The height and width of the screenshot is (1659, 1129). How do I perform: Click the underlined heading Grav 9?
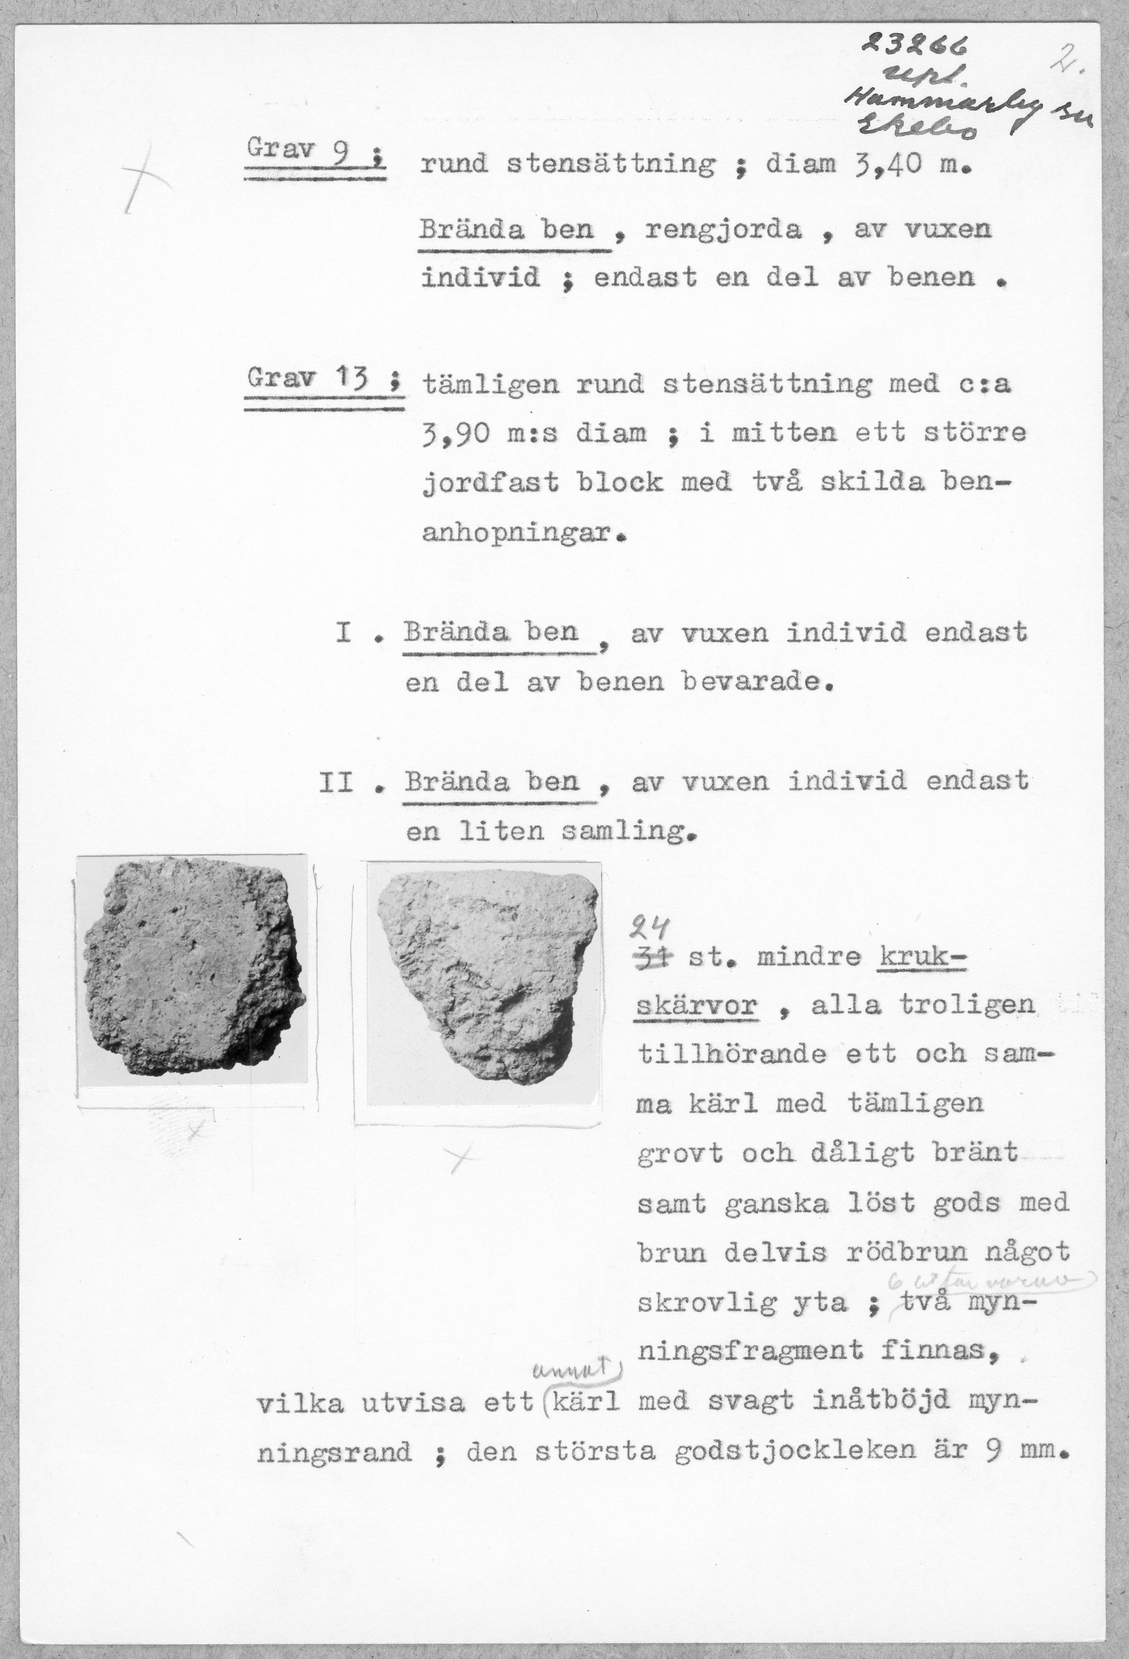tap(314, 152)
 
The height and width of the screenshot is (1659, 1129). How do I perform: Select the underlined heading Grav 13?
tap(322, 377)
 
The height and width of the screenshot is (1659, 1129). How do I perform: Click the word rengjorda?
tap(724, 231)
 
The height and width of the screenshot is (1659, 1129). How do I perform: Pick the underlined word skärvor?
tap(696, 1007)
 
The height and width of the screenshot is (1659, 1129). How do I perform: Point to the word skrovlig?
tap(707, 1303)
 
